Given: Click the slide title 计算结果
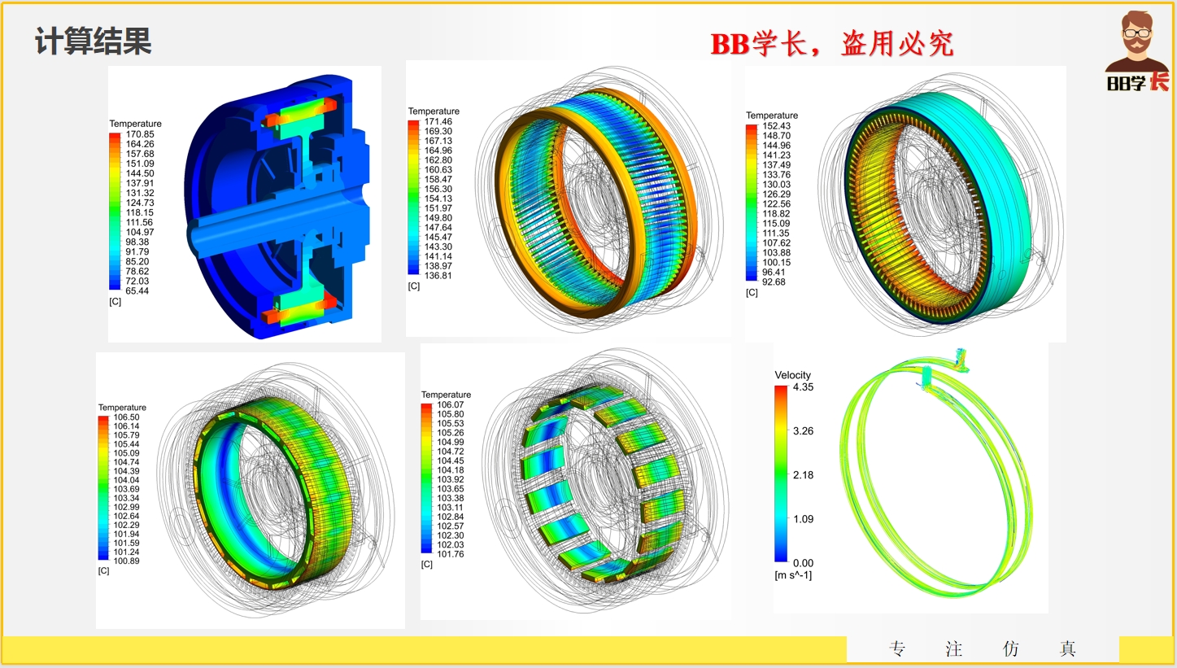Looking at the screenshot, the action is click(94, 41).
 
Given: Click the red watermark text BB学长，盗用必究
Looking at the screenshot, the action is click(832, 44).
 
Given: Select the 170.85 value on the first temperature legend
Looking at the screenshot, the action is click(140, 134).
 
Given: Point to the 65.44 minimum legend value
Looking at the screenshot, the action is click(137, 290).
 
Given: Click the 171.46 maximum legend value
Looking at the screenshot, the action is click(438, 121).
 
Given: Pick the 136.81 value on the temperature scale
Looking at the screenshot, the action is click(438, 275).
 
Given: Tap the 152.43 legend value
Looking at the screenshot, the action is click(777, 126).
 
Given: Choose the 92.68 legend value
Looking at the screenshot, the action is click(774, 282).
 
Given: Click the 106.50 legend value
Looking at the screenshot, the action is click(127, 417).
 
